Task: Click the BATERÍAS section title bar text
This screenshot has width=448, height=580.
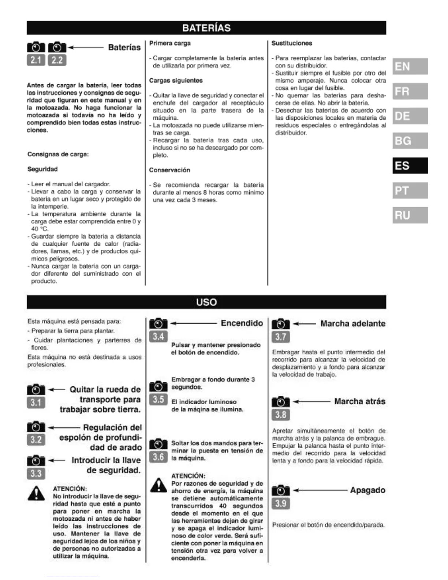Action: (x=206, y=28)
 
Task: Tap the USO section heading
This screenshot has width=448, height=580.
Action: (x=206, y=302)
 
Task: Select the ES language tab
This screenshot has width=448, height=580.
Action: (x=410, y=166)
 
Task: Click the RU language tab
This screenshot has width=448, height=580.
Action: (x=410, y=215)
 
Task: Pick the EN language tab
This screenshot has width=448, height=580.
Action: (x=410, y=66)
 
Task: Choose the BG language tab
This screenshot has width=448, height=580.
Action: (x=410, y=141)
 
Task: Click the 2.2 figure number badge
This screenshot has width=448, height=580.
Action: (x=57, y=60)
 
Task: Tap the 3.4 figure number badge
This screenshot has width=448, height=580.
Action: (x=158, y=336)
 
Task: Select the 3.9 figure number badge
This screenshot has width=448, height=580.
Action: (x=281, y=503)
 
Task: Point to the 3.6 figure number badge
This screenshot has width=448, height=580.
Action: (x=158, y=457)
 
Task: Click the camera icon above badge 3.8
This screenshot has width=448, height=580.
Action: (x=281, y=402)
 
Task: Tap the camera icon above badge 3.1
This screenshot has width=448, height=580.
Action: (x=36, y=390)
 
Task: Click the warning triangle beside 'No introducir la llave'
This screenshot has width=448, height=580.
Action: (x=36, y=493)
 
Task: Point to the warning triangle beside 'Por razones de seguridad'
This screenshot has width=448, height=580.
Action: (x=158, y=485)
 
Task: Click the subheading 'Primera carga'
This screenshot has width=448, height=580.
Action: (x=170, y=43)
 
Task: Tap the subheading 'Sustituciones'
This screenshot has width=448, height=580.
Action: (x=292, y=43)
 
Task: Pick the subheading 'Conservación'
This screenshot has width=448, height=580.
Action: (x=169, y=170)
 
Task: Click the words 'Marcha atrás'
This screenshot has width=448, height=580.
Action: (x=360, y=401)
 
